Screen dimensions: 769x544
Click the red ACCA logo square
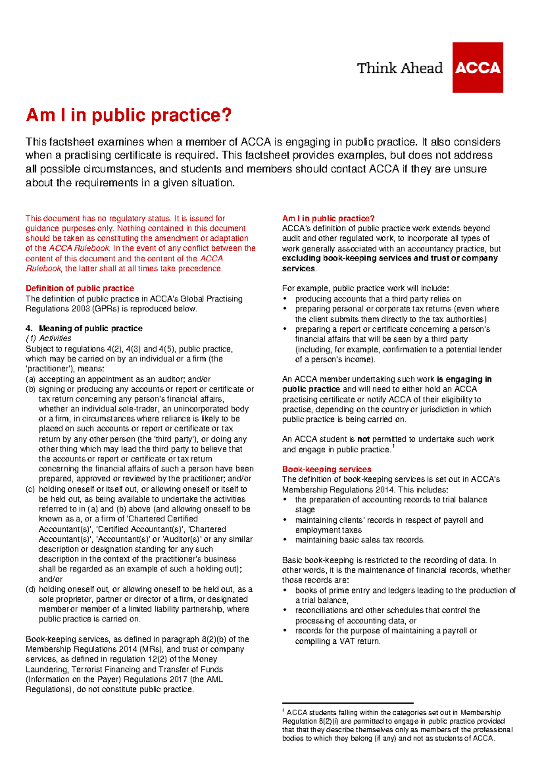[477, 68]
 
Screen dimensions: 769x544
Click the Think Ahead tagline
[399, 68]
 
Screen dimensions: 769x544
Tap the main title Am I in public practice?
[129, 115]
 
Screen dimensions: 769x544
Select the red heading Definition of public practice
[80, 288]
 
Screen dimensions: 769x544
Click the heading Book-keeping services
[326, 469]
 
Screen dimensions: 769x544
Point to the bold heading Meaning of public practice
[91, 328]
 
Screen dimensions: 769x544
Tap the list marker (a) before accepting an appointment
[30, 379]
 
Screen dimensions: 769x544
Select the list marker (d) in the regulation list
[30, 589]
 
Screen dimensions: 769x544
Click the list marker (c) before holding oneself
[30, 489]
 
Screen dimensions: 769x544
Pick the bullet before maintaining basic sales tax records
[285, 540]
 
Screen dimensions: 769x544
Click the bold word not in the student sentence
[364, 439]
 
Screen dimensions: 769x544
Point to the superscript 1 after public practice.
[393, 446]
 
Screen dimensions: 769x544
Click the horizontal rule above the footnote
[348, 703]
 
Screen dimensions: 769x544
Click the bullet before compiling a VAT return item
[285, 631]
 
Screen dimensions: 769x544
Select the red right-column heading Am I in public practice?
[328, 218]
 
